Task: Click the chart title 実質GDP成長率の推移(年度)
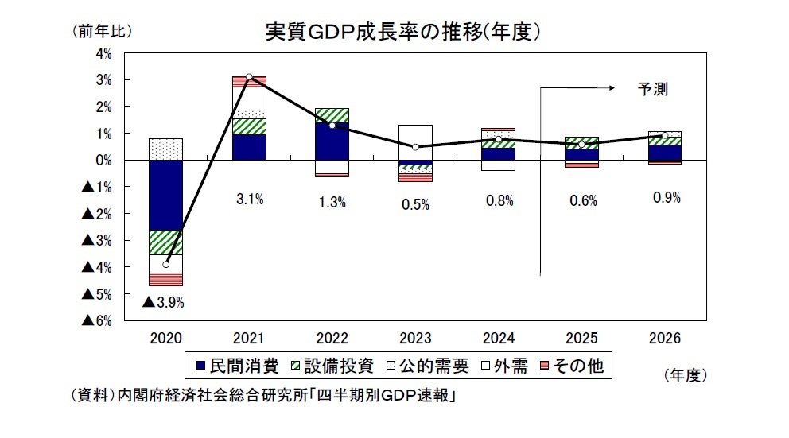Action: point(403,32)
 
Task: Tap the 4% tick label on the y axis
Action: point(103,54)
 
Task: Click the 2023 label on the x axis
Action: point(415,339)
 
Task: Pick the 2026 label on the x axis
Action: point(665,339)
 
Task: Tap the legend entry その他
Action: point(573,366)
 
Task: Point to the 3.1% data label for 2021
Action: point(249,200)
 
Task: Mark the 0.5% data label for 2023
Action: point(415,204)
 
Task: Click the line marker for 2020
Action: point(165,264)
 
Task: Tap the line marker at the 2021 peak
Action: point(249,77)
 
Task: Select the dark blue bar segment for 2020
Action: point(165,195)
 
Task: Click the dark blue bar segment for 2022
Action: point(332,142)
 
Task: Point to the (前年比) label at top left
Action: point(101,32)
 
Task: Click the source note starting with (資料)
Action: point(262,395)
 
